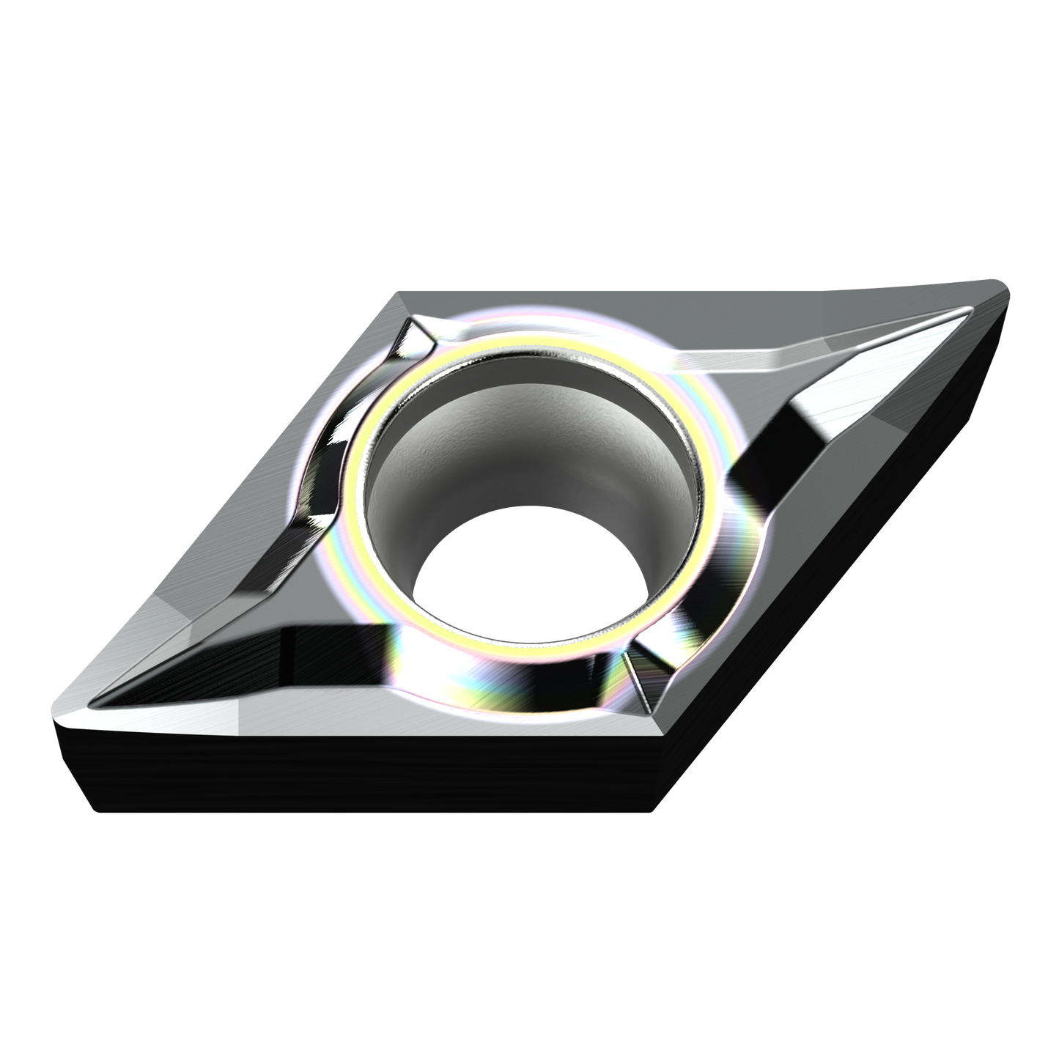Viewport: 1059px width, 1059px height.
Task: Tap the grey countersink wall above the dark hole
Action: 528,432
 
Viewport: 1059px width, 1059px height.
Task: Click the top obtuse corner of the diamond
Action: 399,295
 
